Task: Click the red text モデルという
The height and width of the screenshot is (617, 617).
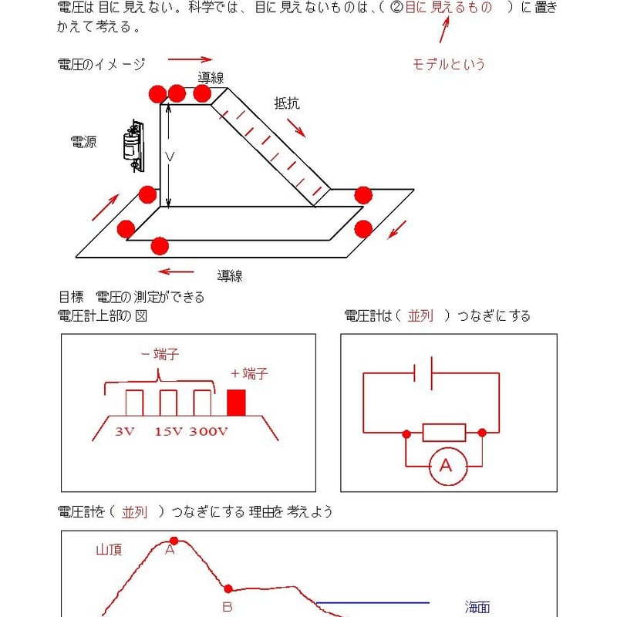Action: coord(449,65)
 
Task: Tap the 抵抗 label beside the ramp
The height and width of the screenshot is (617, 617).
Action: coord(286,103)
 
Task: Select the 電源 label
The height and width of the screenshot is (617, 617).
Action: coord(83,142)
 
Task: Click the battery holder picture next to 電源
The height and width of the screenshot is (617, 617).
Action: coord(133,145)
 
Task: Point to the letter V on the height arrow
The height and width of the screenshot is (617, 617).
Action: coord(170,157)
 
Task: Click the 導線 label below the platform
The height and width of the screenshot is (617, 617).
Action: coord(230,275)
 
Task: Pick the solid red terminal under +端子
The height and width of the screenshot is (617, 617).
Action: coord(236,402)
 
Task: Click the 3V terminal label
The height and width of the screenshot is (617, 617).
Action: coord(125,431)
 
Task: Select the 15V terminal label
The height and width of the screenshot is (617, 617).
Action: coord(167,431)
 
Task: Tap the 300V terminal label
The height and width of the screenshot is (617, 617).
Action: coord(208,431)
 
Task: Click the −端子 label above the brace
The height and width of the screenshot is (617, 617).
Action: coord(160,354)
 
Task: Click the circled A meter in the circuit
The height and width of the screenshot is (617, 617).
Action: coord(444,466)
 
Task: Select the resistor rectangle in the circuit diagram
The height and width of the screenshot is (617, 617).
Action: coord(444,433)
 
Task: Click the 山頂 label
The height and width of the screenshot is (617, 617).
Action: coord(109,550)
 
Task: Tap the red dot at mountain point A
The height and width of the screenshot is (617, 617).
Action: coord(174,541)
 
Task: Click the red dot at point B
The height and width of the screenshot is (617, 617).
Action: coord(228,588)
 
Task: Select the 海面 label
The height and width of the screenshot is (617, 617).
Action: coord(477,607)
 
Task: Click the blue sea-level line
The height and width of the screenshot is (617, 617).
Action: coord(373,602)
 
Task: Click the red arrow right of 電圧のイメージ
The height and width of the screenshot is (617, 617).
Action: coord(190,59)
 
